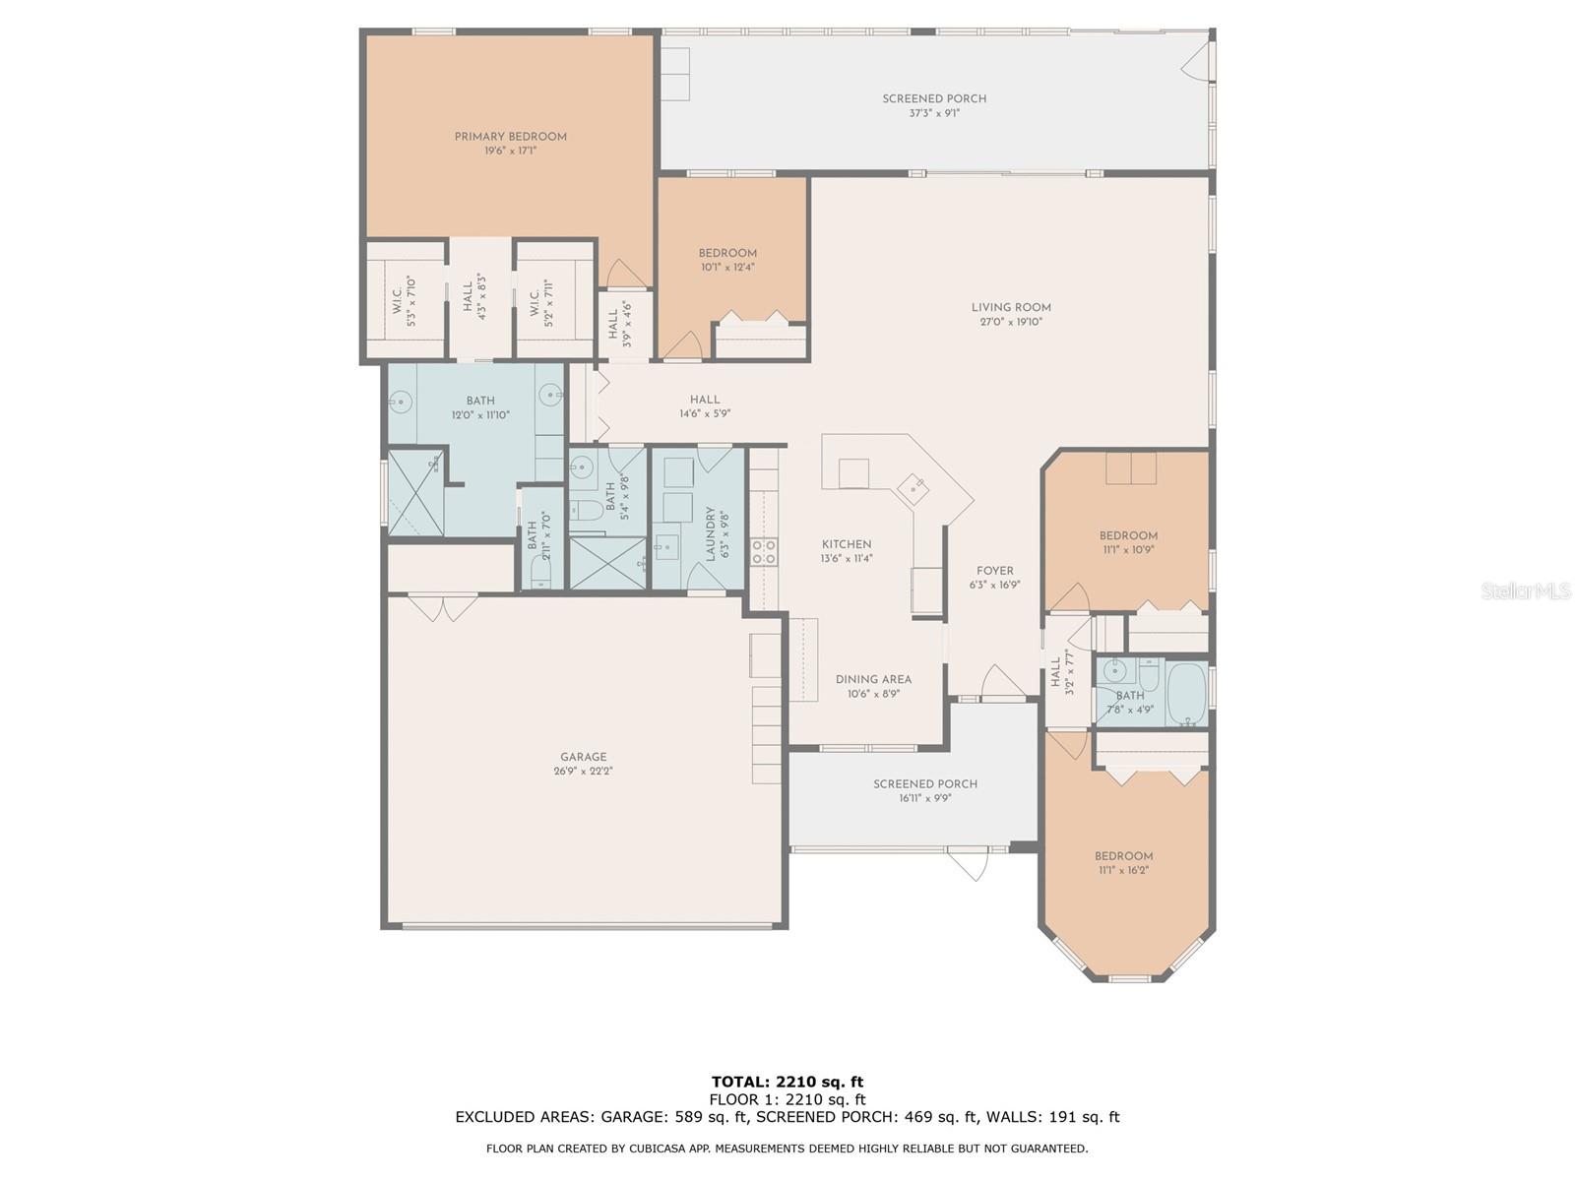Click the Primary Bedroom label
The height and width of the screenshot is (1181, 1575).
(x=510, y=136)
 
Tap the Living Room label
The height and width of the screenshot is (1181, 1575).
(x=1010, y=308)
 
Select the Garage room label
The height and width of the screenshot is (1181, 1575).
(x=583, y=757)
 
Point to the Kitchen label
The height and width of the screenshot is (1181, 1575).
(x=846, y=544)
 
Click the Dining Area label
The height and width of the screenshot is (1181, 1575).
(x=873, y=679)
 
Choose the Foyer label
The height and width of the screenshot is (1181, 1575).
(x=994, y=571)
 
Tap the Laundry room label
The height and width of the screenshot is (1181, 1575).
(x=710, y=534)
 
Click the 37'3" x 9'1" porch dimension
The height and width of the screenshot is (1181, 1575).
(x=933, y=113)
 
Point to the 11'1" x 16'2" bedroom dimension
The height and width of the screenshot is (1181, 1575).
(x=1123, y=871)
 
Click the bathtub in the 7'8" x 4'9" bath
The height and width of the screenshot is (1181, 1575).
(x=1185, y=694)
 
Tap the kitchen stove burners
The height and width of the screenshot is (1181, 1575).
(x=764, y=551)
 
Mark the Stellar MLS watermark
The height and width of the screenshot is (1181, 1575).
(x=1525, y=591)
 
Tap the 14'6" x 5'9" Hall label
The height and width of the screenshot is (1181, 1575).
(x=705, y=406)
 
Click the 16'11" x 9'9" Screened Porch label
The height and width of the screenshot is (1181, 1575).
(x=925, y=790)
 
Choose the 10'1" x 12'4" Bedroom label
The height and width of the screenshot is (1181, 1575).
(x=727, y=260)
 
